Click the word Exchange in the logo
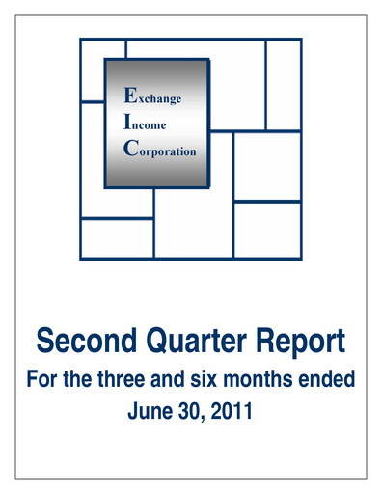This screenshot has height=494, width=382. click(151, 97)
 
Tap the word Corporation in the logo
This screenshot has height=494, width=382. click(159, 151)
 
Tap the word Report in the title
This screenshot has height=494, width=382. click(300, 342)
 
